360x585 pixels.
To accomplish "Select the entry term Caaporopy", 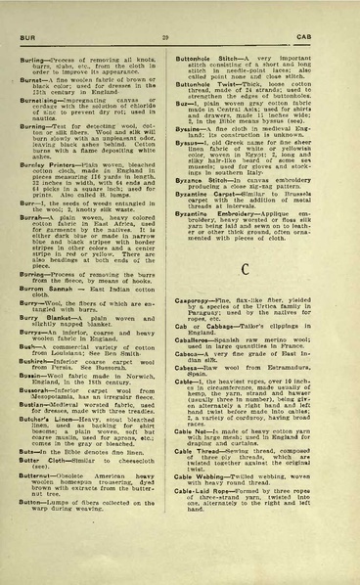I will pos(215,312).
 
